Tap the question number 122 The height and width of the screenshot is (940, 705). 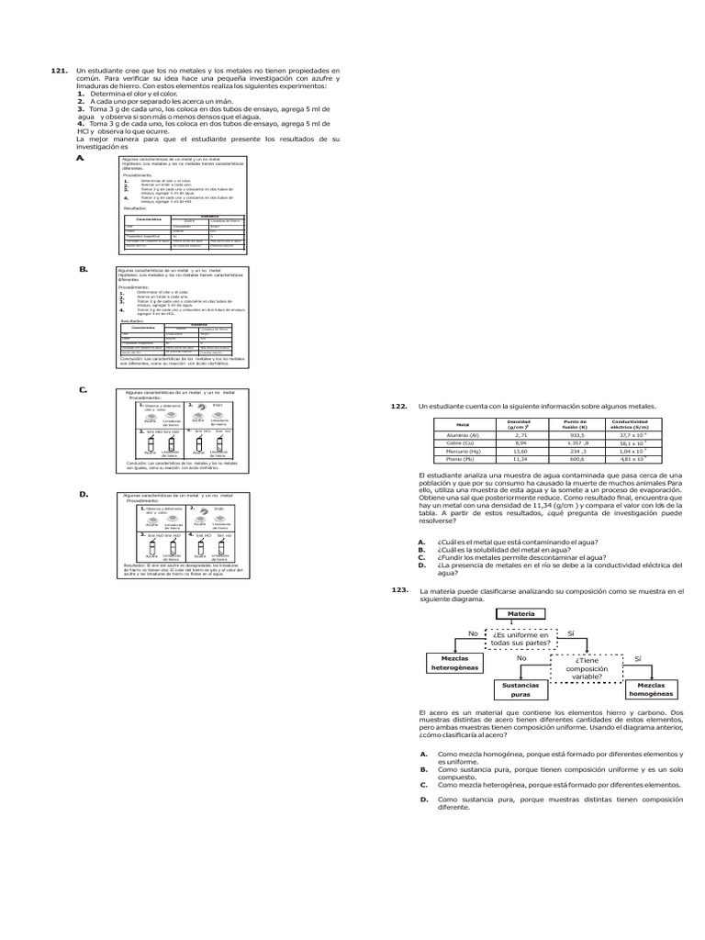[398, 405]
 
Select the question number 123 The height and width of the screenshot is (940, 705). [398, 591]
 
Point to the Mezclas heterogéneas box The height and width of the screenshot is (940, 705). [455, 664]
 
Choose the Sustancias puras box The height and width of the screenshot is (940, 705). [520, 689]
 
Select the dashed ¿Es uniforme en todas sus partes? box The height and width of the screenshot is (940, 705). [520, 638]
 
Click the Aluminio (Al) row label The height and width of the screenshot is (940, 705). [463, 434]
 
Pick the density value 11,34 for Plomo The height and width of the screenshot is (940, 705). [520, 459]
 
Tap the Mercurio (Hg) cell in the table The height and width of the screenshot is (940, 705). [463, 451]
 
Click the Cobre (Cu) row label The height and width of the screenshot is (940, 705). [463, 442]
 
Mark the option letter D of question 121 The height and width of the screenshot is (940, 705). [83, 495]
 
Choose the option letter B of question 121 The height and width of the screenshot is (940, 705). [83, 269]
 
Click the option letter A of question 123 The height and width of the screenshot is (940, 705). [423, 753]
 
